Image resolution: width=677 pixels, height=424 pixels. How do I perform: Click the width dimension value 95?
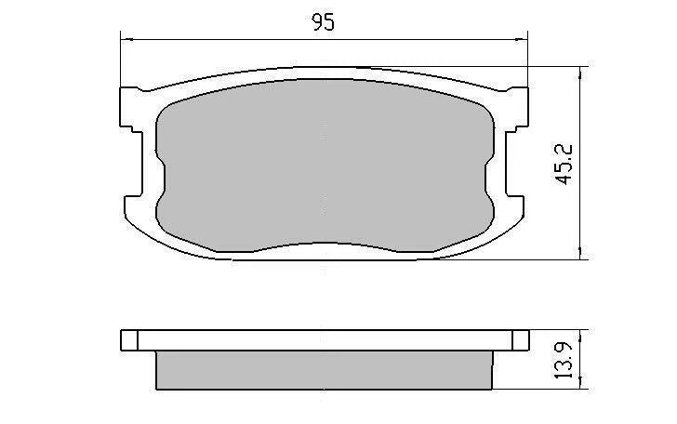pos(323,23)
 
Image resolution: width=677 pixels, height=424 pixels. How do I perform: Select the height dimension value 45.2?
pos(564,164)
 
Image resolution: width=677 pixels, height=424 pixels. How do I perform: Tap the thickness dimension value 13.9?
pos(564,359)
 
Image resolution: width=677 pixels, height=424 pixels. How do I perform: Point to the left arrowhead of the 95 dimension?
pos(126,39)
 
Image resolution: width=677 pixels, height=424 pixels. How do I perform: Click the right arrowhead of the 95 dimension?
pos(522,39)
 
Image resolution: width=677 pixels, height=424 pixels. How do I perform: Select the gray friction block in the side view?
pos(323,370)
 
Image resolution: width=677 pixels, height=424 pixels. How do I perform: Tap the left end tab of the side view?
pos(129,340)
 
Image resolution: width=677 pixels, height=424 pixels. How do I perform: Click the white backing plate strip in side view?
pos(323,340)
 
